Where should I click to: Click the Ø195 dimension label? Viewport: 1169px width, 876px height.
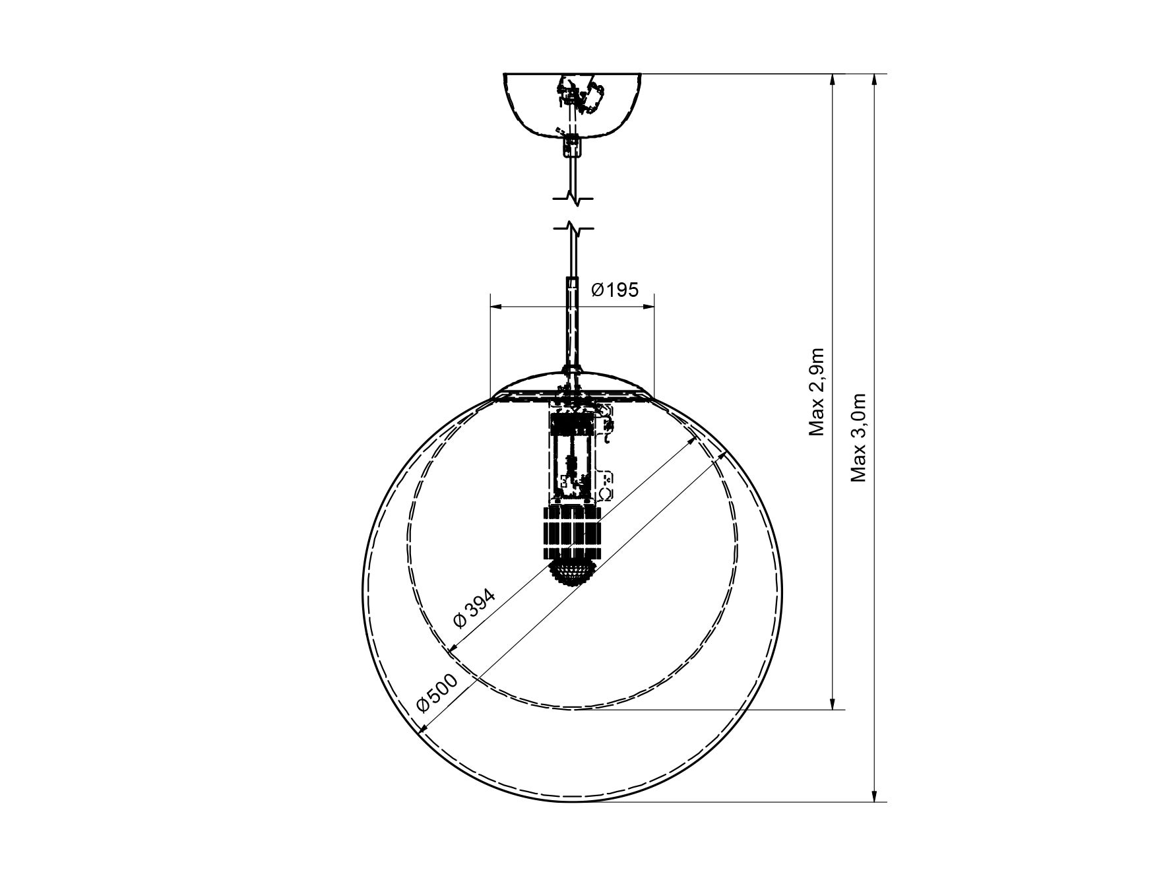615,290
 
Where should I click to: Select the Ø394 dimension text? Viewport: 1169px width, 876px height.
474,609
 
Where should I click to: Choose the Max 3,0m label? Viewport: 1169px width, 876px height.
858,437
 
